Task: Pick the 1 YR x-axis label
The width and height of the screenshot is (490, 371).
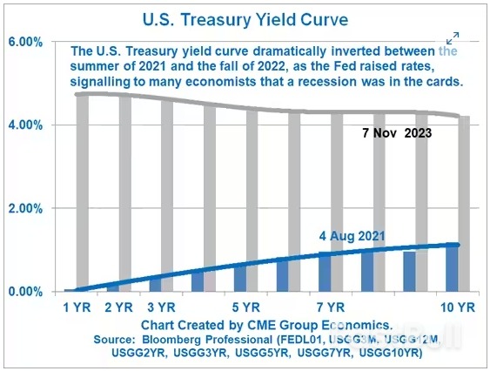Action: (x=77, y=307)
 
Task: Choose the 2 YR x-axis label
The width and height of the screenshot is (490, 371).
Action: (x=119, y=307)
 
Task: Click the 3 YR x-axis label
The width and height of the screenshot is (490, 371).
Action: (x=162, y=307)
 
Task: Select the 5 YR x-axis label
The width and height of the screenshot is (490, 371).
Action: (x=246, y=307)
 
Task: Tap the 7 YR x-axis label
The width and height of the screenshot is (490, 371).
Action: (x=332, y=307)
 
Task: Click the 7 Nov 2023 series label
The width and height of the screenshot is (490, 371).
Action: (x=408, y=134)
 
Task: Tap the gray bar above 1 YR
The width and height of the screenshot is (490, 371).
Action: (x=82, y=192)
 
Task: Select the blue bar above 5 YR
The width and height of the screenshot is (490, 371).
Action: (x=239, y=278)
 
